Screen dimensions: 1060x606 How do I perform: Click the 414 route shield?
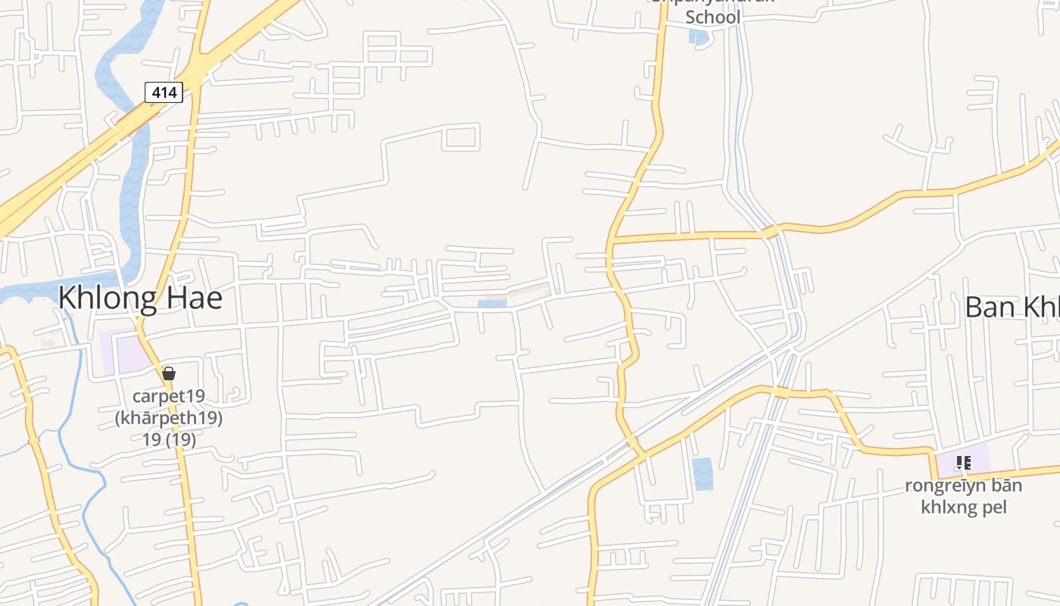click(x=164, y=92)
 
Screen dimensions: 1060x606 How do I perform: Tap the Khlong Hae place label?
click(x=140, y=298)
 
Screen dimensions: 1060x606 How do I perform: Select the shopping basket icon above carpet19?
click(x=169, y=373)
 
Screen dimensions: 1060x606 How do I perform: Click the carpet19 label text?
click(x=169, y=396)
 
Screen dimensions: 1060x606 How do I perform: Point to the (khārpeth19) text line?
click(x=169, y=418)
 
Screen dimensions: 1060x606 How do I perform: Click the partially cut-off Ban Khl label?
click(x=1012, y=308)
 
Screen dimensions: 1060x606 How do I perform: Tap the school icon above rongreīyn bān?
click(x=963, y=462)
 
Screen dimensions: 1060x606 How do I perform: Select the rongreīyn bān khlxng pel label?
click(x=963, y=496)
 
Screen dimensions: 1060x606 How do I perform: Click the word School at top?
click(x=712, y=17)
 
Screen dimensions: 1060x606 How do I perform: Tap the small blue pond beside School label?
click(x=698, y=36)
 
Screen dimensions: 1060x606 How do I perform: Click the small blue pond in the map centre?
click(x=492, y=304)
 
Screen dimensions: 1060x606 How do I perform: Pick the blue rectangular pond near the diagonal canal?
click(x=703, y=474)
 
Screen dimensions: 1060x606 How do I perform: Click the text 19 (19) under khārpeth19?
click(x=169, y=440)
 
